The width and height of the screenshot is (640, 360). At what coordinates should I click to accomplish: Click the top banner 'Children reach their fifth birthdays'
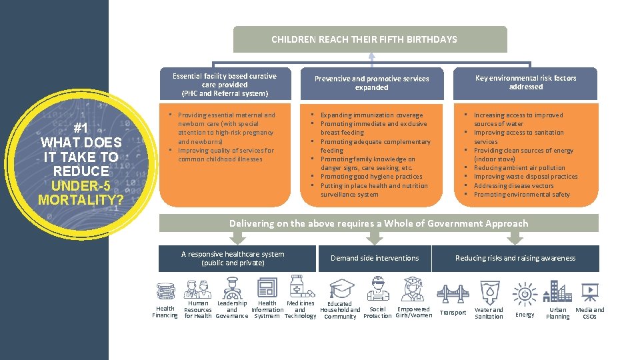point(364,39)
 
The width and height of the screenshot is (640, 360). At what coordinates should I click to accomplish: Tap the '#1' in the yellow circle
point(81,128)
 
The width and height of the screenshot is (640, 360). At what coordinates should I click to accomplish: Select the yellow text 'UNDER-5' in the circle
point(80,185)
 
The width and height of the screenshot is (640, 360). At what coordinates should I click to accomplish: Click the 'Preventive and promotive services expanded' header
point(371,83)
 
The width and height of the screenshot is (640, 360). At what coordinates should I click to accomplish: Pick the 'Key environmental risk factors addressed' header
point(525,83)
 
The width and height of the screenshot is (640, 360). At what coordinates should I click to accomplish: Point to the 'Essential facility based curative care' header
point(224,85)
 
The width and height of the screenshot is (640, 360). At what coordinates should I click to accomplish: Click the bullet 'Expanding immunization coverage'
point(371,115)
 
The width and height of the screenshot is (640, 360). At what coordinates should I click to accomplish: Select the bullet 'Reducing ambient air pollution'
point(519,168)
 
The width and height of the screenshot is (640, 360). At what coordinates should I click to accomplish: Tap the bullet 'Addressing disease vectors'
point(513,186)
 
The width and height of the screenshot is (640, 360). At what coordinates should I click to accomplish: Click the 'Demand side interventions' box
point(375,258)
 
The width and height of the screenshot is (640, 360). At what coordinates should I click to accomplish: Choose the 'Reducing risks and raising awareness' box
point(515,258)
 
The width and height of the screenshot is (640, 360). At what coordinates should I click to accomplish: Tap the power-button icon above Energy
point(525,293)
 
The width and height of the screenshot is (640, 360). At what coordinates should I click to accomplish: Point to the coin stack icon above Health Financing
point(166,291)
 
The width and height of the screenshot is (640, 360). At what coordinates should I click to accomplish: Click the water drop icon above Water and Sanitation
point(489,292)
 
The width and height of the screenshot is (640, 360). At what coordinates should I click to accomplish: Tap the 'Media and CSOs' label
point(589,313)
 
